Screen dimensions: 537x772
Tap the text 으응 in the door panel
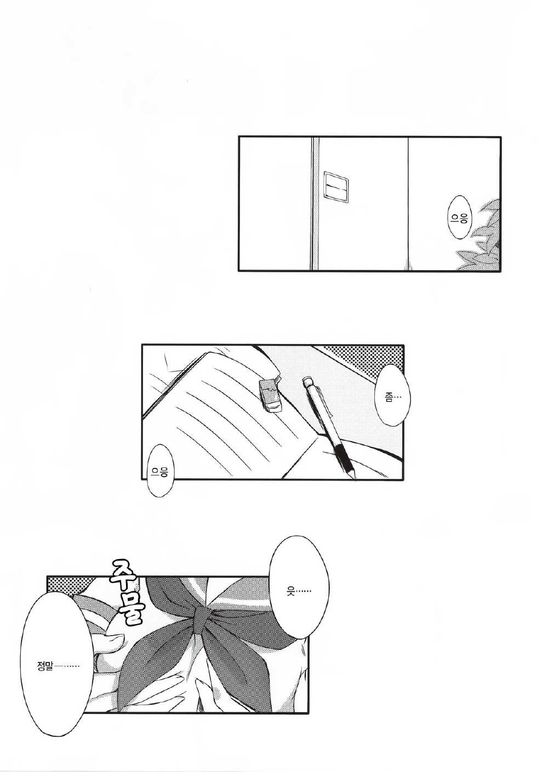(459, 218)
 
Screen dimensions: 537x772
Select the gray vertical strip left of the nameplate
(315, 203)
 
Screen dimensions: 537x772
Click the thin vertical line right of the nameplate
(408, 203)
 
